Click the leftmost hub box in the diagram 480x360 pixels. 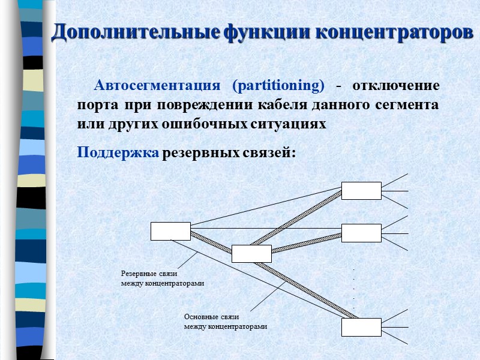(170, 231)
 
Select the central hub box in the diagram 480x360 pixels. (251, 254)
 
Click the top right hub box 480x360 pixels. (361, 191)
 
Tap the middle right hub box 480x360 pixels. (361, 233)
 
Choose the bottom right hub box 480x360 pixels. (361, 327)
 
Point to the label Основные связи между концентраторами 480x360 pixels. (224, 321)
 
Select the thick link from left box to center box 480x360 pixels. (211, 242)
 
